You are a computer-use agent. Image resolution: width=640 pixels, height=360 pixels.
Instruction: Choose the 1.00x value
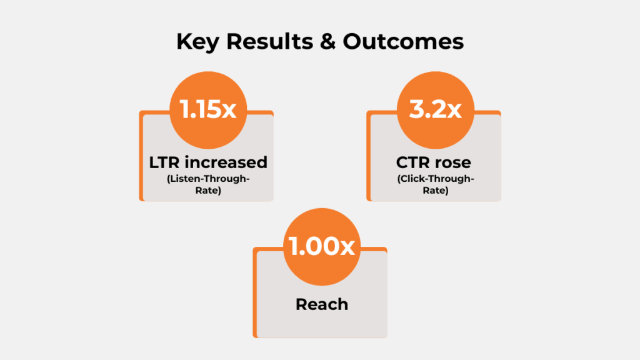(x=321, y=246)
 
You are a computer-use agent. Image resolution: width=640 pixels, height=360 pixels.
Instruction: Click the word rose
(x=454, y=162)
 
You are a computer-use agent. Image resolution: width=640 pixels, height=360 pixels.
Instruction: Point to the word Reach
(x=321, y=304)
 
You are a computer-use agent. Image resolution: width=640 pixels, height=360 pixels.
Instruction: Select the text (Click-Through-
(x=435, y=179)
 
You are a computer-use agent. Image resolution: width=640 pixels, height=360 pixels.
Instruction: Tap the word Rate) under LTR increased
(x=207, y=191)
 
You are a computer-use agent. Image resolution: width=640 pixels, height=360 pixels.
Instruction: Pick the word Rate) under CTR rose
(x=435, y=191)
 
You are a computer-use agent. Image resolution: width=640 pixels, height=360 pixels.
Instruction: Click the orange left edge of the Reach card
(x=255, y=294)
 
